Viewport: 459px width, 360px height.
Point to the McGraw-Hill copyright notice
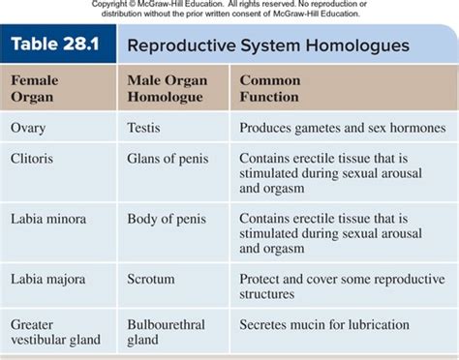229,9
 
